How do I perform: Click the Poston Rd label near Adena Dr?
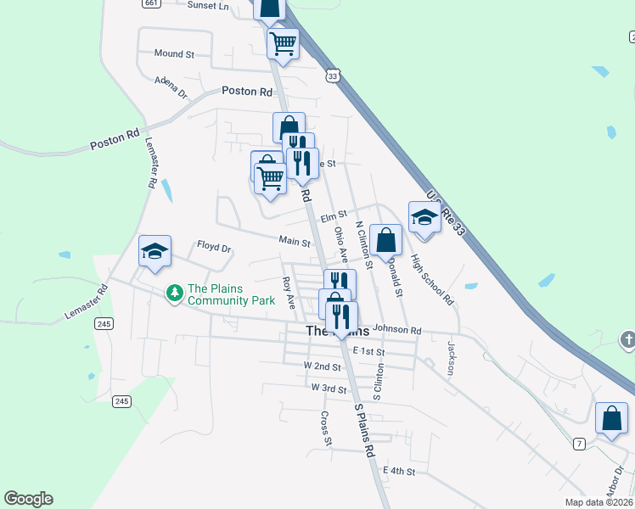(x=246, y=91)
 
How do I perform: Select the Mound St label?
(x=174, y=53)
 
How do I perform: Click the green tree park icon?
(x=174, y=294)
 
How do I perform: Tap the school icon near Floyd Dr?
(x=155, y=251)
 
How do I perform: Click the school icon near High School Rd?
(x=424, y=218)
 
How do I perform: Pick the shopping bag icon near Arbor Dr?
(x=611, y=418)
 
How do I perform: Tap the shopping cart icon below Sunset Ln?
(x=283, y=42)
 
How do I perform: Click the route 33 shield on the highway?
(x=332, y=76)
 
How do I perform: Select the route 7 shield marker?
(x=579, y=444)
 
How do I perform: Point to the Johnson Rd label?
(x=396, y=329)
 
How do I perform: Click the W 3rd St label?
(x=329, y=388)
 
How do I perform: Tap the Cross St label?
(x=325, y=428)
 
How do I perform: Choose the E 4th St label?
(x=399, y=470)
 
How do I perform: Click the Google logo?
(x=28, y=499)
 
